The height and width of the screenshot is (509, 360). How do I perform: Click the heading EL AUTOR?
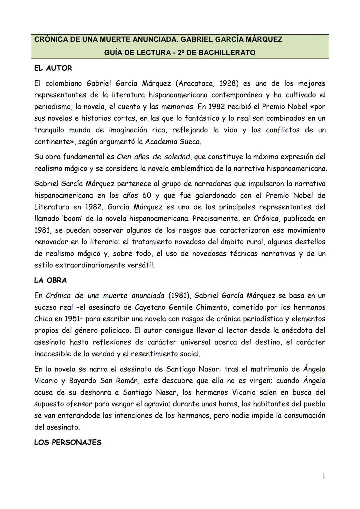pos(53,68)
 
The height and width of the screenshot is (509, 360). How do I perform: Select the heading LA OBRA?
pos(50,280)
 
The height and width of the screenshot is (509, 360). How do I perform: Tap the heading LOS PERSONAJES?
pos(68,443)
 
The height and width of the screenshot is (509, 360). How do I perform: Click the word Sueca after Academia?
pos(190,142)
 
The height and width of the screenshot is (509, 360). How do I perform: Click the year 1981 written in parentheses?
pos(179,296)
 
